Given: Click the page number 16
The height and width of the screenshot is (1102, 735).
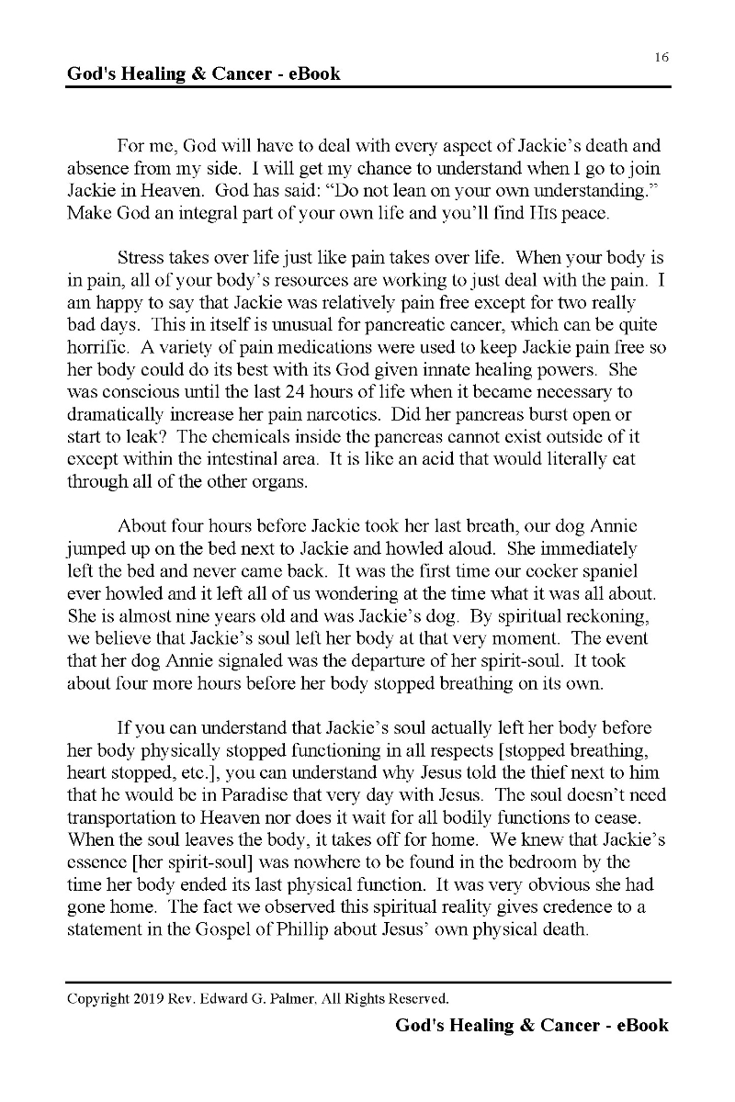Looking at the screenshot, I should click(661, 57).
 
